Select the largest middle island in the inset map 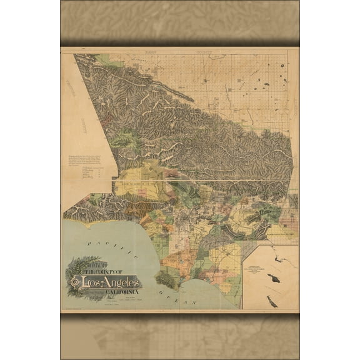tap(272, 277)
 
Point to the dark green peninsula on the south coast tap(167, 279)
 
